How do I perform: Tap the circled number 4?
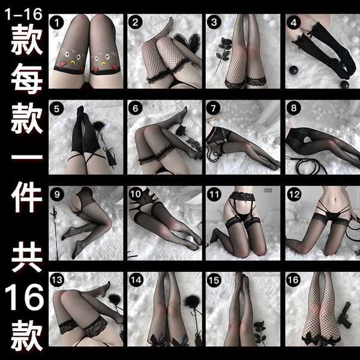click(293, 23)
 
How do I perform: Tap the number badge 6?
click(136, 109)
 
